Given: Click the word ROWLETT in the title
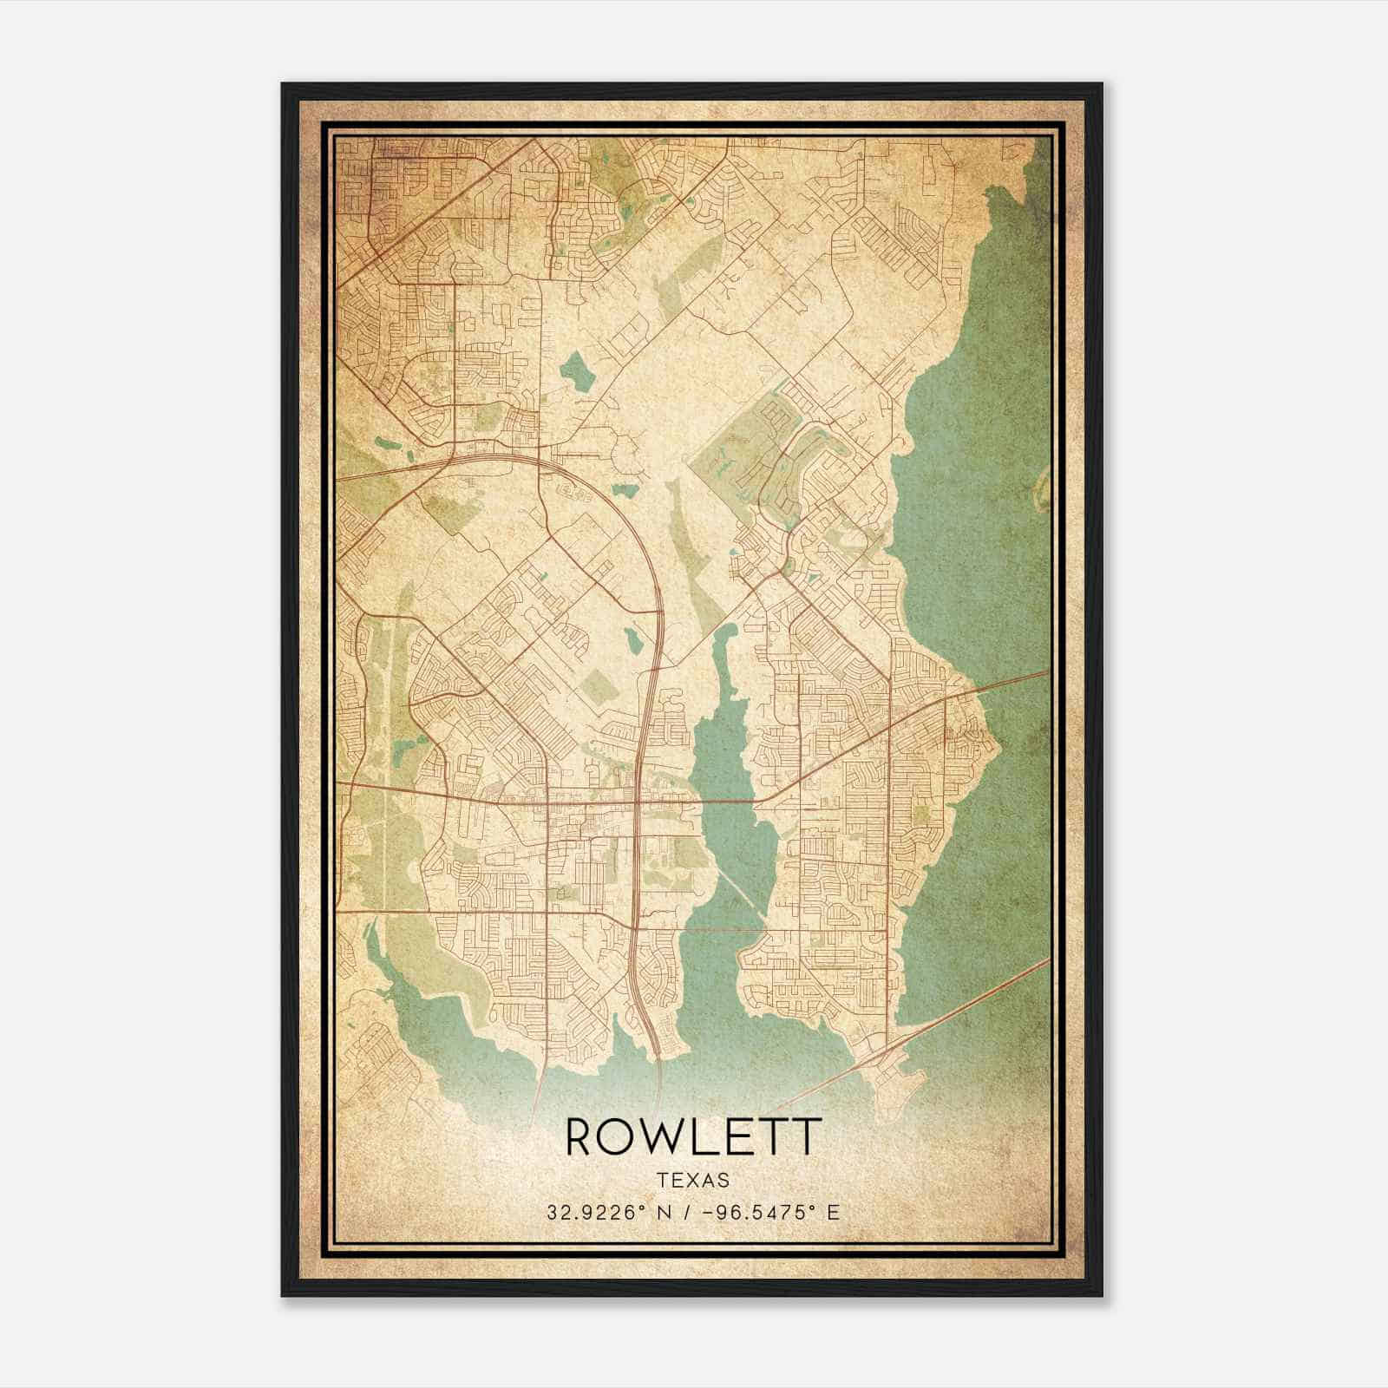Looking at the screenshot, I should [693, 1137].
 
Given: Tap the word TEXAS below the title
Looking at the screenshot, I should [693, 1181].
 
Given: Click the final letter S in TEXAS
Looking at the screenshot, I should [723, 1181].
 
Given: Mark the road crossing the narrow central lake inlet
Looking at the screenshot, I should [729, 801].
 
